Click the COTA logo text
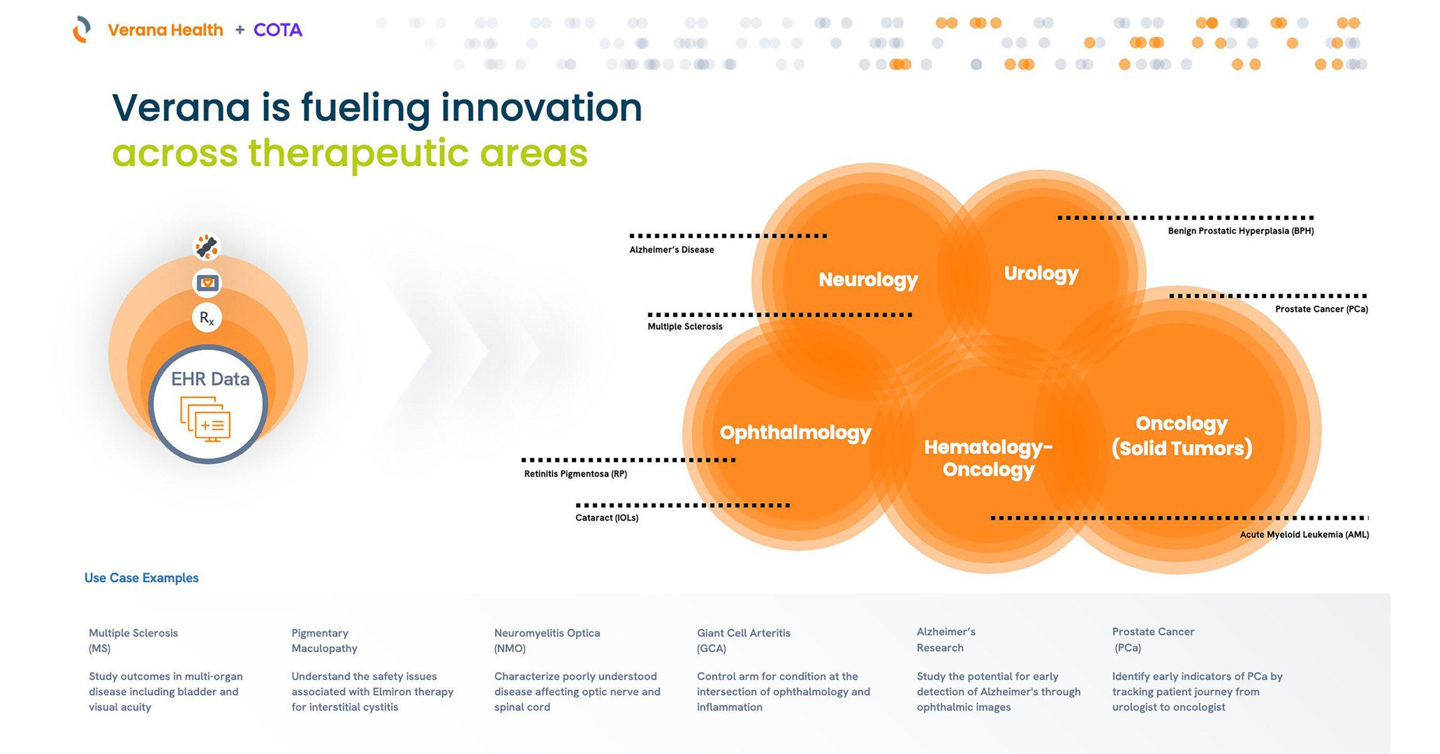(x=278, y=30)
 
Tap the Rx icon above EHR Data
(x=207, y=318)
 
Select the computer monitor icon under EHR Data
(x=205, y=419)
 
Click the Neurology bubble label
(x=868, y=280)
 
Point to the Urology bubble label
(x=1041, y=274)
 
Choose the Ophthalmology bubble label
(x=795, y=433)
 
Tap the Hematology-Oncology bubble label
(x=988, y=459)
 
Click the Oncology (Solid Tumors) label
(x=1182, y=436)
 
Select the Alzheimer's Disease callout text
(x=671, y=250)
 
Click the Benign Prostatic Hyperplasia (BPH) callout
(x=1240, y=231)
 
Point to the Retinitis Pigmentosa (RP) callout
(x=575, y=474)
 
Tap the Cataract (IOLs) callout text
(x=607, y=518)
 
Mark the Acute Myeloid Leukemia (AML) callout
(x=1304, y=534)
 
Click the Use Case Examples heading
(x=141, y=577)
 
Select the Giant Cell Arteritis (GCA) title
(x=744, y=640)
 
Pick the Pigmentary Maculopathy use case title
(x=324, y=640)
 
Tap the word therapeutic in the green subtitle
(x=358, y=154)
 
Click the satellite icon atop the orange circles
(x=207, y=246)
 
